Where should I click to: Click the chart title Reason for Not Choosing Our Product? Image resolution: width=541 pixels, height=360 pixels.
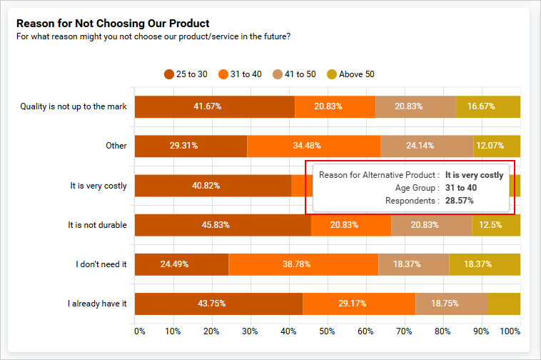tap(113, 24)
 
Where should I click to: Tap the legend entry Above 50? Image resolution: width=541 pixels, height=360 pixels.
tap(350, 74)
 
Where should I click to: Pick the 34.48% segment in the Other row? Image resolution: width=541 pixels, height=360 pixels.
tap(313, 146)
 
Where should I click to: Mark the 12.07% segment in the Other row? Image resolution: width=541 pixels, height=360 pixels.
tap(497, 146)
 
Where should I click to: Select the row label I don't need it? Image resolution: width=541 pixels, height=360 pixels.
tap(101, 264)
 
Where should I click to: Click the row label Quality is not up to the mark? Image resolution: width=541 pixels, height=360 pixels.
tap(74, 106)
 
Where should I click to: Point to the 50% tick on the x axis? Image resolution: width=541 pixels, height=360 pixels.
tap(328, 331)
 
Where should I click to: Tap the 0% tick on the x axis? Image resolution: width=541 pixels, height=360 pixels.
tap(140, 331)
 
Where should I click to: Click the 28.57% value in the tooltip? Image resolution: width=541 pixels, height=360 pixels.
tap(459, 201)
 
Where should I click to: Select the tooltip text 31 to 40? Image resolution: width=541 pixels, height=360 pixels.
tap(461, 188)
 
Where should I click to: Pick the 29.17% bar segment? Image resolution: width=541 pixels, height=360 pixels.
tap(359, 304)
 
